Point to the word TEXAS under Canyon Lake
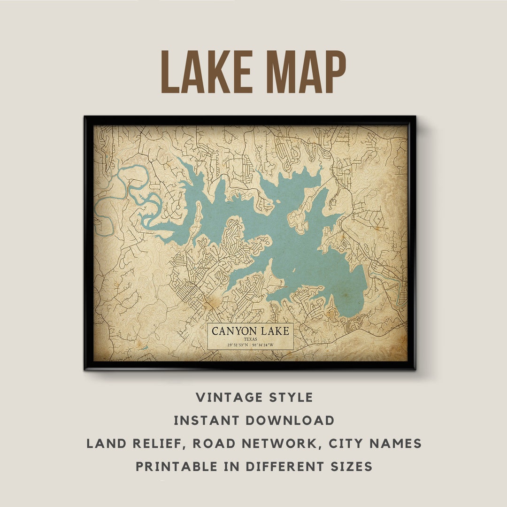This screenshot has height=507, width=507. click(x=251, y=339)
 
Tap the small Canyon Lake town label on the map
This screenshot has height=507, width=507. click(x=282, y=287)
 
